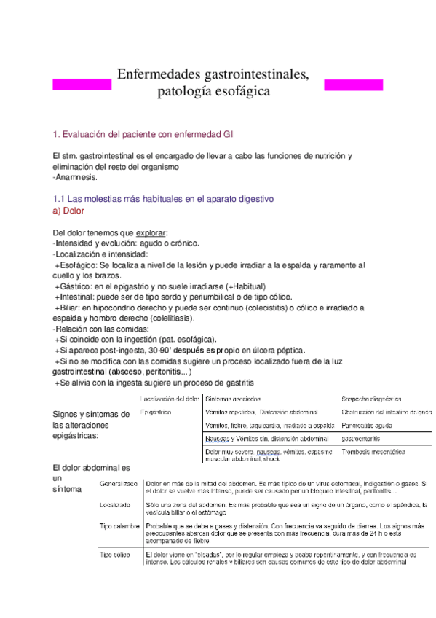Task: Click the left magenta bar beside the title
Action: point(82,85)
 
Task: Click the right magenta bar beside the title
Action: point(352,85)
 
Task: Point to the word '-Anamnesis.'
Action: point(75,177)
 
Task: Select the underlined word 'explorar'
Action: point(151,232)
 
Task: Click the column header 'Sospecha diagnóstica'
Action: point(371,399)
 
